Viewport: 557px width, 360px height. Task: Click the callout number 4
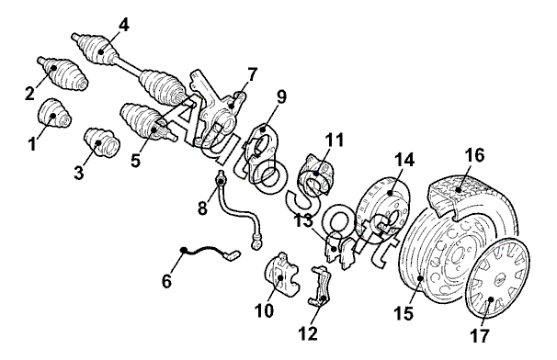click(x=124, y=26)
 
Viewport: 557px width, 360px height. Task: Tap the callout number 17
click(x=480, y=335)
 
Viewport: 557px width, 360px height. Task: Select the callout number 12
click(x=308, y=333)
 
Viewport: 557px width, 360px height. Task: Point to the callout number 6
click(x=166, y=282)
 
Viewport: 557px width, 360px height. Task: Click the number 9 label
click(x=281, y=96)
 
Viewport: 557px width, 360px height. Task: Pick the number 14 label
click(x=404, y=160)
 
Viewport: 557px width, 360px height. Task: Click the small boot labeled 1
click(x=54, y=113)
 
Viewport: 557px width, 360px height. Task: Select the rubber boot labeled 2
click(x=63, y=73)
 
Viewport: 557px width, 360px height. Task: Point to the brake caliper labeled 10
click(x=283, y=275)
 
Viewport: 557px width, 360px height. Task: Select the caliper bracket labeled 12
click(x=321, y=287)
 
